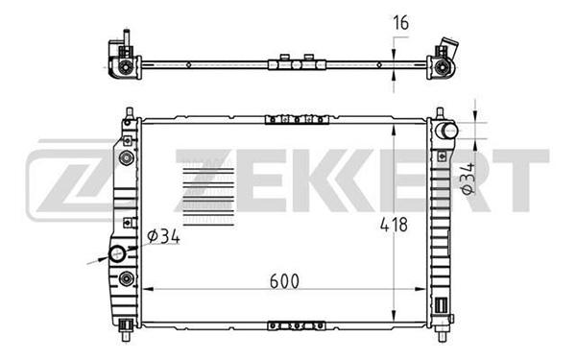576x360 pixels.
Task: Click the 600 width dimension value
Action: click(x=284, y=281)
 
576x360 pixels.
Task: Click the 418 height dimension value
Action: click(x=394, y=225)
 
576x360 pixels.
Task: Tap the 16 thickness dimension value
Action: click(x=400, y=23)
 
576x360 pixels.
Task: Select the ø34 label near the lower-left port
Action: click(x=163, y=236)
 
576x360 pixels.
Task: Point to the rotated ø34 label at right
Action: click(x=468, y=179)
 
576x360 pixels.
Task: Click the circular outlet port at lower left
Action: click(x=117, y=253)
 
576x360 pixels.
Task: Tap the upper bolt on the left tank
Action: click(x=127, y=158)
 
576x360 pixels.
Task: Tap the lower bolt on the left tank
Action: click(x=127, y=278)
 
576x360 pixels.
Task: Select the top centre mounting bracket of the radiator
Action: click(x=297, y=119)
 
